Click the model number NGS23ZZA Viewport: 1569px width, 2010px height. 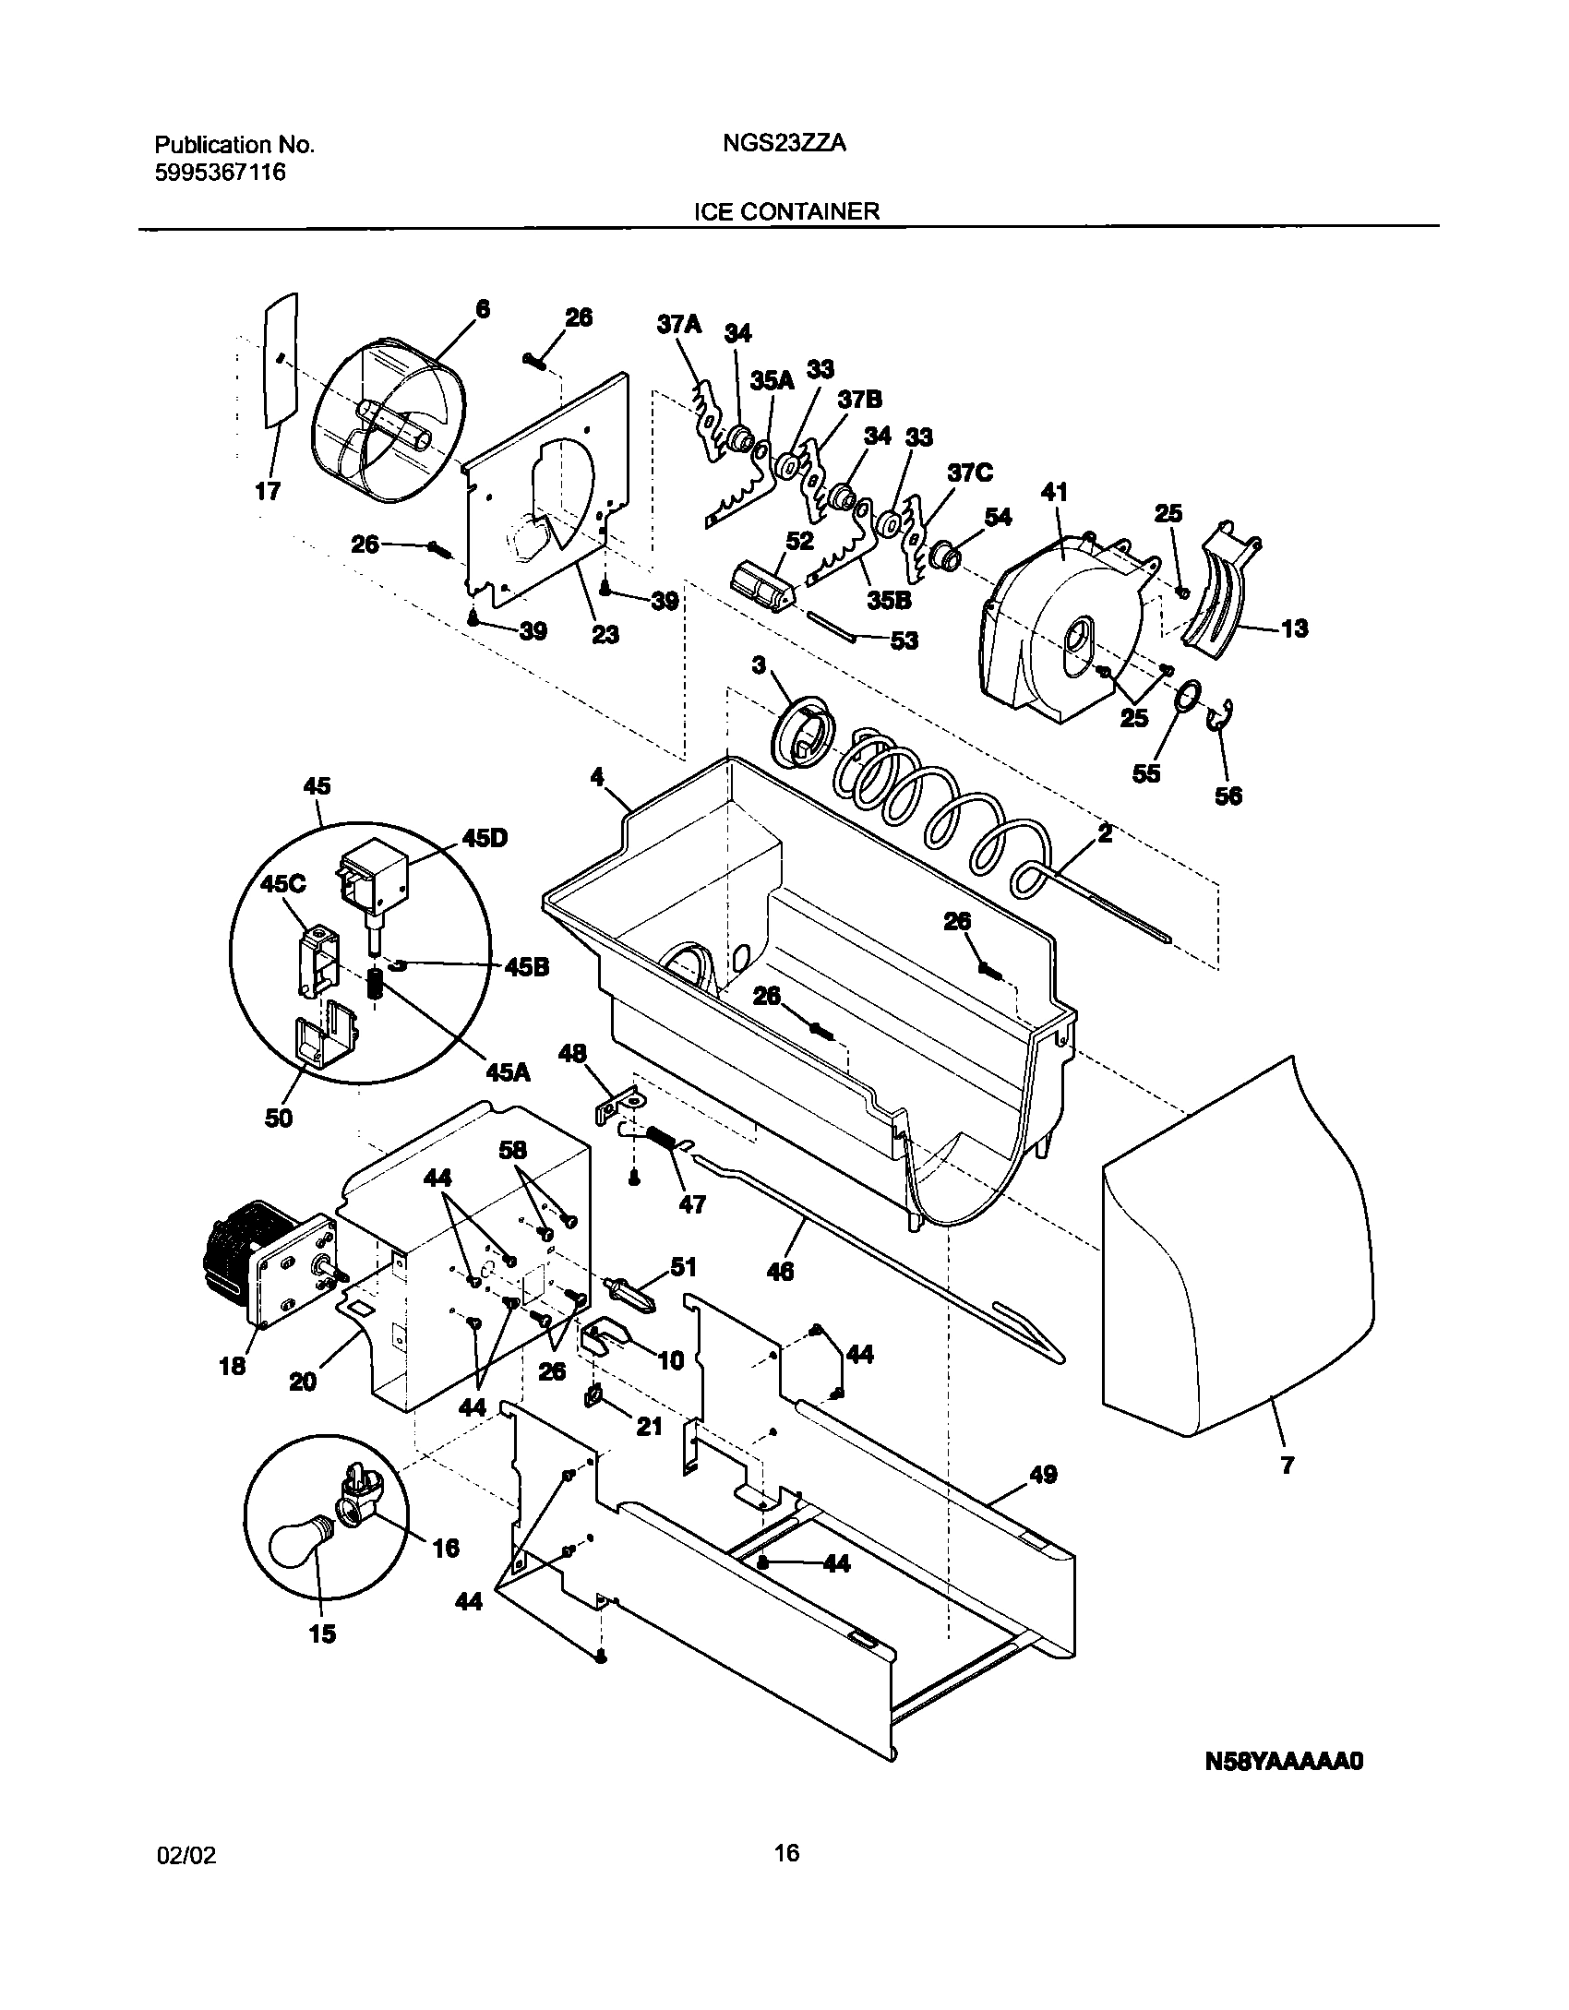click(x=785, y=145)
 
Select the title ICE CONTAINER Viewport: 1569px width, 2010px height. click(x=786, y=211)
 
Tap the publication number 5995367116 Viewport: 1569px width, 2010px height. click(x=220, y=173)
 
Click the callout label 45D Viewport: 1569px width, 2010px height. click(x=485, y=839)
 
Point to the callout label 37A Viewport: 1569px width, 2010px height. click(x=679, y=324)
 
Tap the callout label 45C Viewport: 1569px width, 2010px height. click(x=282, y=883)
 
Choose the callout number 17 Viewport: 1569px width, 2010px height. click(x=269, y=491)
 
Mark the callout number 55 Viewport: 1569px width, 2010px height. click(x=1146, y=773)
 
